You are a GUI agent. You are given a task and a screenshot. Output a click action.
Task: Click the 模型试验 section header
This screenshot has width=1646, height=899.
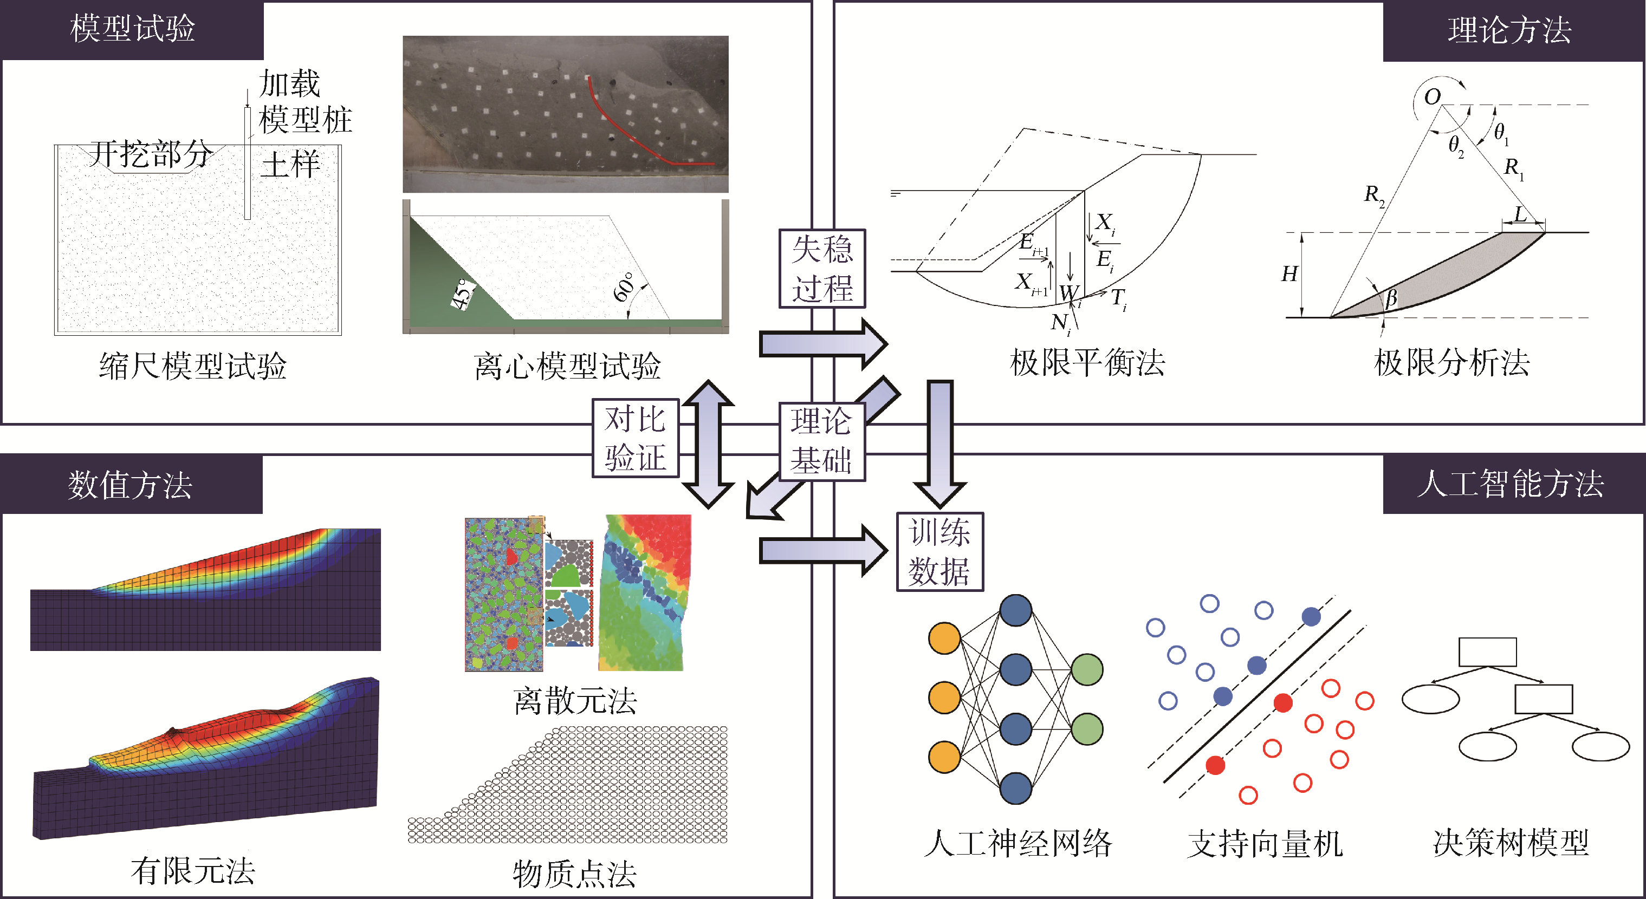(x=132, y=29)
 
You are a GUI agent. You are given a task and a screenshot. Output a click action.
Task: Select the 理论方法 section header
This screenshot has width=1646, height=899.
(x=1509, y=31)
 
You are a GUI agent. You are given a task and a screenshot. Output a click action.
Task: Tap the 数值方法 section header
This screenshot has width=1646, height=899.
(x=131, y=485)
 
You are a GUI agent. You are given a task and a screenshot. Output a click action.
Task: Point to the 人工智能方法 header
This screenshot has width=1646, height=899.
(x=1511, y=483)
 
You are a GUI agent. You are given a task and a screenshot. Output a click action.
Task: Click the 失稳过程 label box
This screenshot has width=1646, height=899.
(x=822, y=269)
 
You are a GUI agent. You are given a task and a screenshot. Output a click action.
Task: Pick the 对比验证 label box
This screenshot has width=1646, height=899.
(x=635, y=439)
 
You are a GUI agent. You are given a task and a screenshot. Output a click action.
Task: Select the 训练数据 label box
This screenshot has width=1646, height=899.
(x=939, y=552)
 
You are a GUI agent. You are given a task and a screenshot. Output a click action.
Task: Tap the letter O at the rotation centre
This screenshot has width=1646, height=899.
(x=1432, y=97)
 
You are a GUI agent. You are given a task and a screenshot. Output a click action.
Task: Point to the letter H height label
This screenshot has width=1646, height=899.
(x=1289, y=274)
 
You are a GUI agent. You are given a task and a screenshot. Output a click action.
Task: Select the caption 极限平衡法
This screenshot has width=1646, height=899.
(x=1087, y=363)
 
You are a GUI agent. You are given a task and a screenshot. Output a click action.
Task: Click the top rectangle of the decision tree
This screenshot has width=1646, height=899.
(x=1487, y=652)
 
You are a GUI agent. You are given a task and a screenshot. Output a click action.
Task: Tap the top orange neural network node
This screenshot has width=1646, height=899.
(x=944, y=639)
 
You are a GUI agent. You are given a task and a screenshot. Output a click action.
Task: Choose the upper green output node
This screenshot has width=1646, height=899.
(x=1086, y=670)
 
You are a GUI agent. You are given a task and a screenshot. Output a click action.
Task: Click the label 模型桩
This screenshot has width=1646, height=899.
(x=306, y=120)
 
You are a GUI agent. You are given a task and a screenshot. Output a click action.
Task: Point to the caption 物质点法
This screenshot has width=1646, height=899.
(x=574, y=874)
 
